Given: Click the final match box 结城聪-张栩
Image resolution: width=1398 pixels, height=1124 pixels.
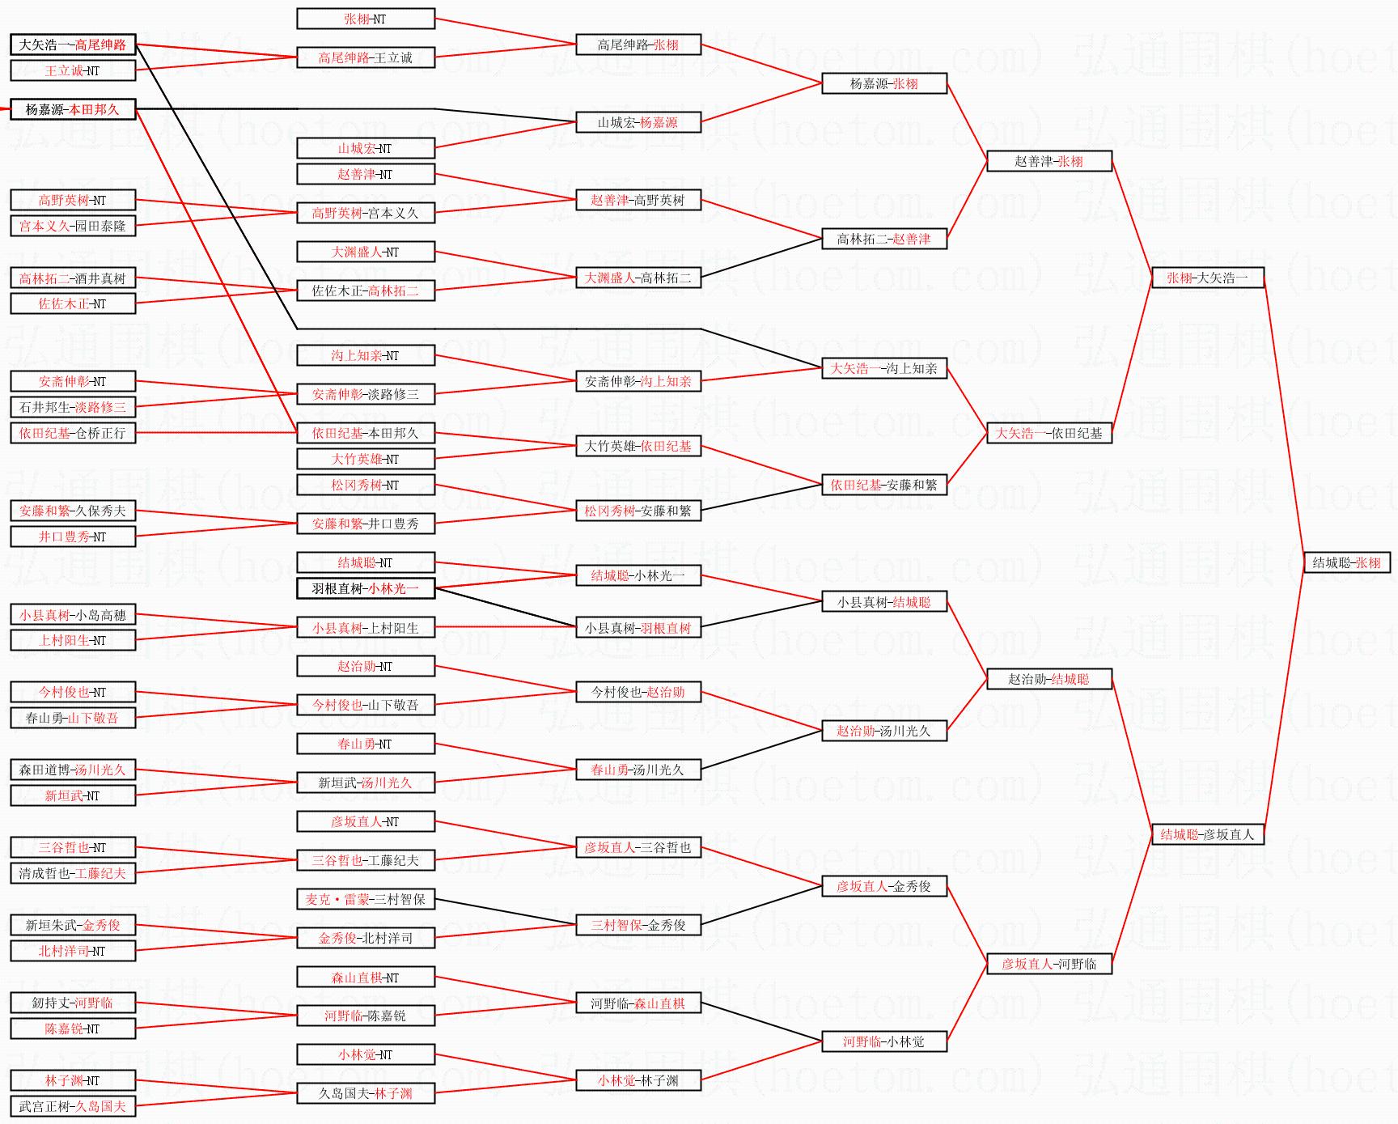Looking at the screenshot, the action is [x=1346, y=562].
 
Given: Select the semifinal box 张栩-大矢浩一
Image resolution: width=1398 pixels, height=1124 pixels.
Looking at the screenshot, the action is [x=1207, y=278].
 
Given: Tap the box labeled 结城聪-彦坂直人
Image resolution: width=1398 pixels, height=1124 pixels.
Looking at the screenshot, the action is [x=1207, y=834].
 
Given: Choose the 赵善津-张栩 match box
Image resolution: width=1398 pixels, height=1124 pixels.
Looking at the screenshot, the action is [x=1049, y=161].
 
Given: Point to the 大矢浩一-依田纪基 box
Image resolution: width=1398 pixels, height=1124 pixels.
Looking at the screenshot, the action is [x=1049, y=433].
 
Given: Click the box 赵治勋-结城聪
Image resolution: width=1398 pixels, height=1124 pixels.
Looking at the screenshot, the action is [x=1049, y=679].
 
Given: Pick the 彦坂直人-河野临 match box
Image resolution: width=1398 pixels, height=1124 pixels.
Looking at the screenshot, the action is [x=1049, y=964].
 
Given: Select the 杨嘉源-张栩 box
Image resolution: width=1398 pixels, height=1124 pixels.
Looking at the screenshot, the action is [x=884, y=83].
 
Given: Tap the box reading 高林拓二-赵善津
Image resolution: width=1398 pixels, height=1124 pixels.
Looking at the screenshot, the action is [x=884, y=239].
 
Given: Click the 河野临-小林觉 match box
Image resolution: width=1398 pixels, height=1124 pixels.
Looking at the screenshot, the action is [x=884, y=1041].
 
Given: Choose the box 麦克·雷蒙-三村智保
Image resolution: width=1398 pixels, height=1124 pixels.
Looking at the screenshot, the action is [x=366, y=899].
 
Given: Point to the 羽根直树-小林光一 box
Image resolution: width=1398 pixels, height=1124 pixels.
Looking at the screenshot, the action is [x=366, y=588].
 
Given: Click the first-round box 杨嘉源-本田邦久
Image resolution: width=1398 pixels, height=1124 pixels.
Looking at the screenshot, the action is [x=73, y=109].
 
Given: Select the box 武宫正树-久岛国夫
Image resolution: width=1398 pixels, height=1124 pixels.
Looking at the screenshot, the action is [x=73, y=1106].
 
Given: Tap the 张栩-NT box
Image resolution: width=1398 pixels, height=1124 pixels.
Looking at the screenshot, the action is [x=366, y=19].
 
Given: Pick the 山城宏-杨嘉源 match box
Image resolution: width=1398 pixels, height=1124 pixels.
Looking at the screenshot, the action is [x=638, y=122].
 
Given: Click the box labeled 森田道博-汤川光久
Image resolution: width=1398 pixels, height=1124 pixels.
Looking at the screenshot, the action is [x=73, y=770].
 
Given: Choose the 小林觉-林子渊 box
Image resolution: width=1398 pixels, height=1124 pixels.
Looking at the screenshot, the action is [x=638, y=1080].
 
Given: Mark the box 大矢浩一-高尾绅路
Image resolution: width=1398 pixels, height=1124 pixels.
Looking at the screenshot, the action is [x=73, y=45].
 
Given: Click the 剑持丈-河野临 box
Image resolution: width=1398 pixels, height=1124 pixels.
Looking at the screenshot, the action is [x=73, y=1003].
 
